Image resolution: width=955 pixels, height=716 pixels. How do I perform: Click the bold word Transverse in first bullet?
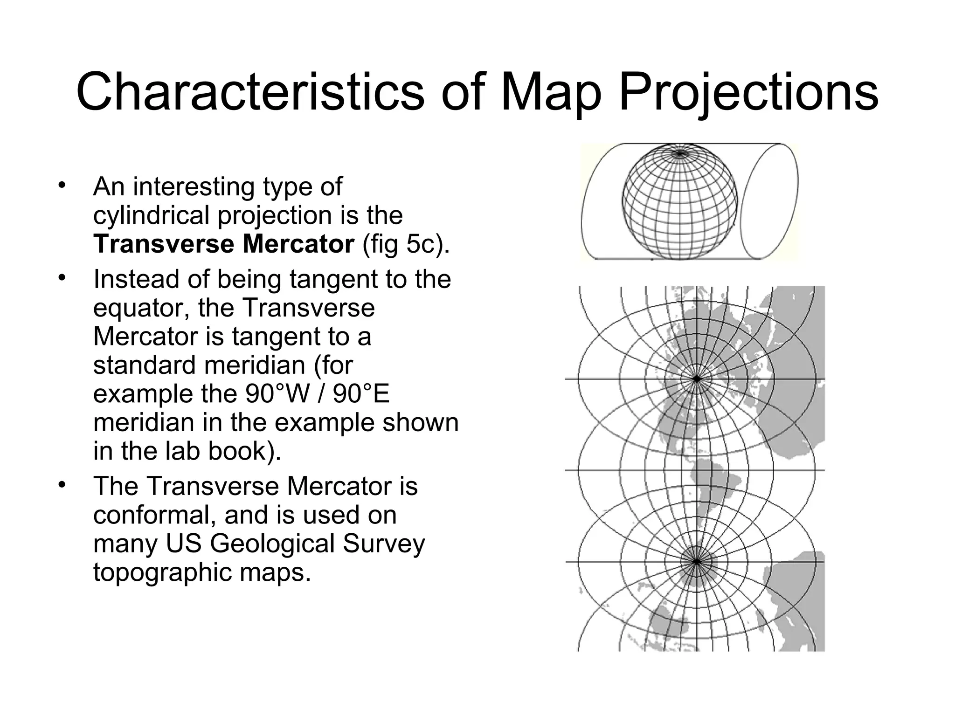pos(164,244)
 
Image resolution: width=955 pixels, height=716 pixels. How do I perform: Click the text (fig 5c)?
pos(406,245)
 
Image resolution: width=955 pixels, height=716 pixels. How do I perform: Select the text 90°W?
pos(277,394)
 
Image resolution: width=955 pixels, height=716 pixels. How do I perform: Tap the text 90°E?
pos(361,394)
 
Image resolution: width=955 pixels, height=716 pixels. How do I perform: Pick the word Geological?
pos(272,544)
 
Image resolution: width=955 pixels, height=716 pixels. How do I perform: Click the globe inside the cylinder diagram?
pos(680,201)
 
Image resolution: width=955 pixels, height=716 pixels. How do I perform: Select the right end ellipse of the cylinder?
pos(769,201)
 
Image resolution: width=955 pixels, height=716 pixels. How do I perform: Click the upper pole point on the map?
pos(697,379)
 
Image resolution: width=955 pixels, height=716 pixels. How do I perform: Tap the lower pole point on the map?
pos(697,562)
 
